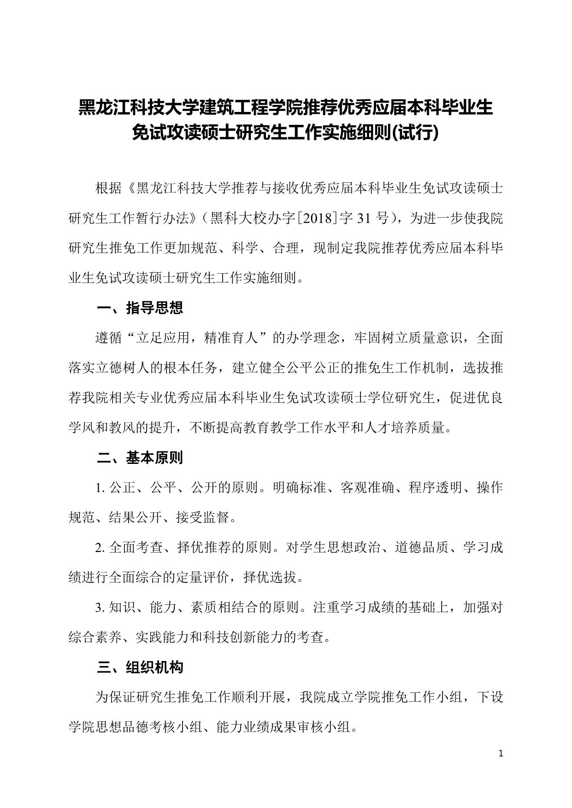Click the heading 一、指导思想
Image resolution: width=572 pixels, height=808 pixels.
pyautogui.click(x=140, y=308)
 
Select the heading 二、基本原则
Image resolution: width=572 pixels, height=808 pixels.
pyautogui.click(x=140, y=457)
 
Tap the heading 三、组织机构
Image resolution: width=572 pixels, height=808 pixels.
pyautogui.click(x=140, y=667)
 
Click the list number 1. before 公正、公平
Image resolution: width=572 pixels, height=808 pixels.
pyautogui.click(x=100, y=488)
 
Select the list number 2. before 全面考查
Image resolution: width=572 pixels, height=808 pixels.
pyautogui.click(x=100, y=548)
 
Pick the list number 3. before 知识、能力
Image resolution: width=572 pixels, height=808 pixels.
pyautogui.click(x=100, y=608)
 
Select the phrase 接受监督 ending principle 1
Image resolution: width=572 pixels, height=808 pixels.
pyautogui.click(x=202, y=518)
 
